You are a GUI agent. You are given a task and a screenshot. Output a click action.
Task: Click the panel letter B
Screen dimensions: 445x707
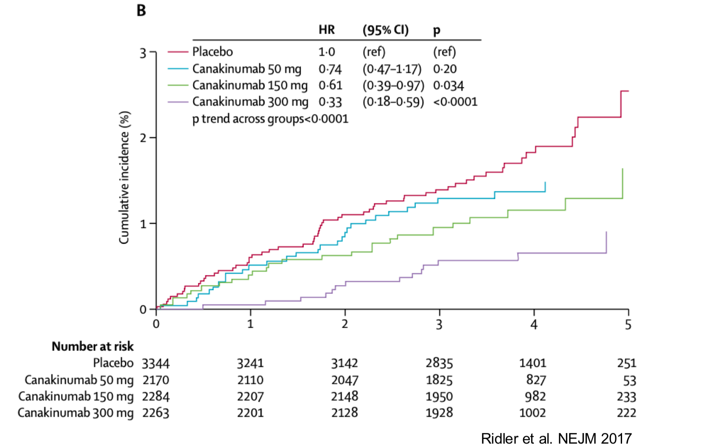coord(141,10)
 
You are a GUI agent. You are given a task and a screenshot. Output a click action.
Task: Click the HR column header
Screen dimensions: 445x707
coord(326,30)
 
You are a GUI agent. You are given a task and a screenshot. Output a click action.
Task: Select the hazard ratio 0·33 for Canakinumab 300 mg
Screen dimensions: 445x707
coord(330,102)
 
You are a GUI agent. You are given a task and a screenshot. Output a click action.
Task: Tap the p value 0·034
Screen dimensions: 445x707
coord(448,85)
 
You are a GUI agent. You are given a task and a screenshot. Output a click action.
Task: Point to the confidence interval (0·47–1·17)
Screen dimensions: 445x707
coord(392,69)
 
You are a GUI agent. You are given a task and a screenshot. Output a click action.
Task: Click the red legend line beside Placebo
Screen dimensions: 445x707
coord(177,52)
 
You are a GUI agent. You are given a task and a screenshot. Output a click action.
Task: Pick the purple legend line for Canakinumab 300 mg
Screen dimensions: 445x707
coord(177,102)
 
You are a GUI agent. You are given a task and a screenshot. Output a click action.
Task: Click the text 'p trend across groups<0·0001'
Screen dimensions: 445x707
coord(270,119)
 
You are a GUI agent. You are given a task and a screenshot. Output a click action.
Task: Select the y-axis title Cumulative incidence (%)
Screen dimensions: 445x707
coord(123,177)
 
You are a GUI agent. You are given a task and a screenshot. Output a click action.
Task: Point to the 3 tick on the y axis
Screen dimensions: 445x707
coord(143,53)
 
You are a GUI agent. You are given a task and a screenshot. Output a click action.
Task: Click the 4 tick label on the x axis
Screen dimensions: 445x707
coord(534,325)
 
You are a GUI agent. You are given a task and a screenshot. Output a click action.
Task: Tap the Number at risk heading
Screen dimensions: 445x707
coord(92,347)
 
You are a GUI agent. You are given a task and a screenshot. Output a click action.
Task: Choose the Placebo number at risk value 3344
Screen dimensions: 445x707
coord(156,363)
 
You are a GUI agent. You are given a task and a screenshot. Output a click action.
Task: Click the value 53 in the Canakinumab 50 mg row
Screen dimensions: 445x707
coord(629,380)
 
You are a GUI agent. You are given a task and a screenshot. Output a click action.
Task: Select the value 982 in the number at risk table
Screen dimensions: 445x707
coord(535,396)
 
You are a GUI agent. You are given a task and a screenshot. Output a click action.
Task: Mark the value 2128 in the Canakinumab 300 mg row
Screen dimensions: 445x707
coord(344,413)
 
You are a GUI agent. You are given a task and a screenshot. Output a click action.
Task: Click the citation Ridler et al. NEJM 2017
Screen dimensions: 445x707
coord(556,438)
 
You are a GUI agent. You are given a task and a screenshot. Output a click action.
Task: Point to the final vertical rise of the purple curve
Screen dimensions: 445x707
coord(606,243)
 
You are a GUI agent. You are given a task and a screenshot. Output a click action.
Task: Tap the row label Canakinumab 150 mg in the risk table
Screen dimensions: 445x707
coord(76,396)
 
